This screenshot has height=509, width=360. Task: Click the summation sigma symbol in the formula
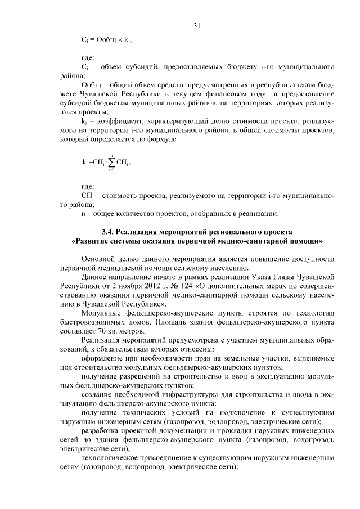pyautogui.click(x=112, y=164)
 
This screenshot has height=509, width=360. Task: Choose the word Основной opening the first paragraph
pyautogui.click(x=99, y=259)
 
